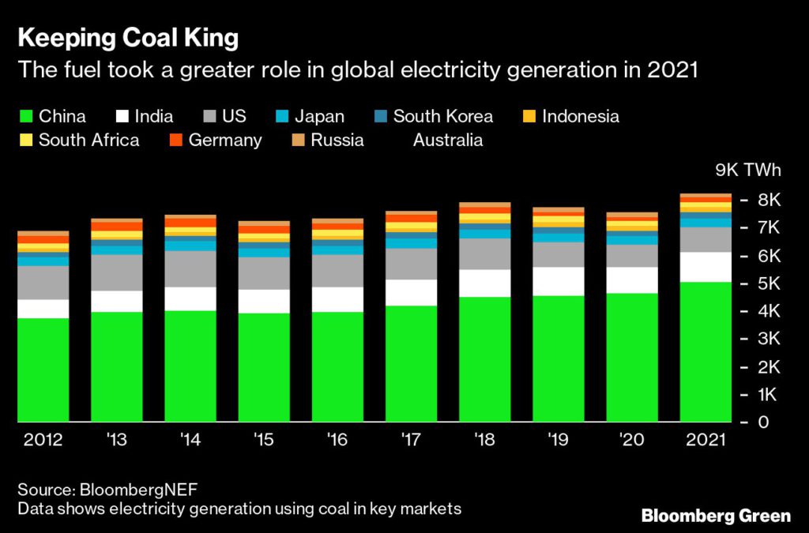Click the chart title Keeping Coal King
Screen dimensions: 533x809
click(128, 38)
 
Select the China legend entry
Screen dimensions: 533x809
click(53, 117)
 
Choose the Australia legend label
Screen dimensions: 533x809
click(447, 141)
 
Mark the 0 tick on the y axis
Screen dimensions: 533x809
click(763, 422)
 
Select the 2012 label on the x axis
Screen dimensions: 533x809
click(43, 440)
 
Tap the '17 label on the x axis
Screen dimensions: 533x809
click(412, 440)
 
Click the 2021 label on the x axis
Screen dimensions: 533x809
click(706, 440)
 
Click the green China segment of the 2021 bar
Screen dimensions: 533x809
click(706, 351)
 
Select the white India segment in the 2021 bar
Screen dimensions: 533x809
click(706, 267)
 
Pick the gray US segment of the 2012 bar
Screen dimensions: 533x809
click(43, 283)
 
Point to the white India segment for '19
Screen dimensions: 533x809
click(559, 281)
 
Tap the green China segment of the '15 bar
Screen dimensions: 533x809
click(264, 367)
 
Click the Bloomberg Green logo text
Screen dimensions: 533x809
click(716, 516)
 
